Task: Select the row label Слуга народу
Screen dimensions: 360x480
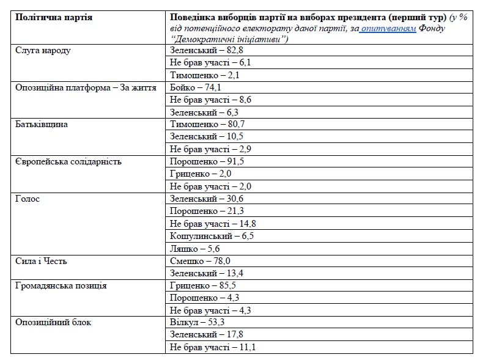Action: click(x=43, y=50)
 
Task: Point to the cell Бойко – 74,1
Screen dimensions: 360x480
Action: click(x=195, y=87)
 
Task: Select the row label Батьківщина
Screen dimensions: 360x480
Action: click(x=42, y=125)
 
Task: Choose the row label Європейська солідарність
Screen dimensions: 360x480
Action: click(x=68, y=162)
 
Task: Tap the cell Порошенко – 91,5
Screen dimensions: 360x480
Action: click(x=207, y=162)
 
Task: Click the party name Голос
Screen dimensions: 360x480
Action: click(x=28, y=199)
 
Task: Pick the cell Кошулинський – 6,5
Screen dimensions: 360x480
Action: click(x=212, y=236)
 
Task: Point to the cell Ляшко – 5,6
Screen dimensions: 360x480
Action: click(x=194, y=249)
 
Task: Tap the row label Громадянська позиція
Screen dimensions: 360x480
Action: click(x=61, y=285)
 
